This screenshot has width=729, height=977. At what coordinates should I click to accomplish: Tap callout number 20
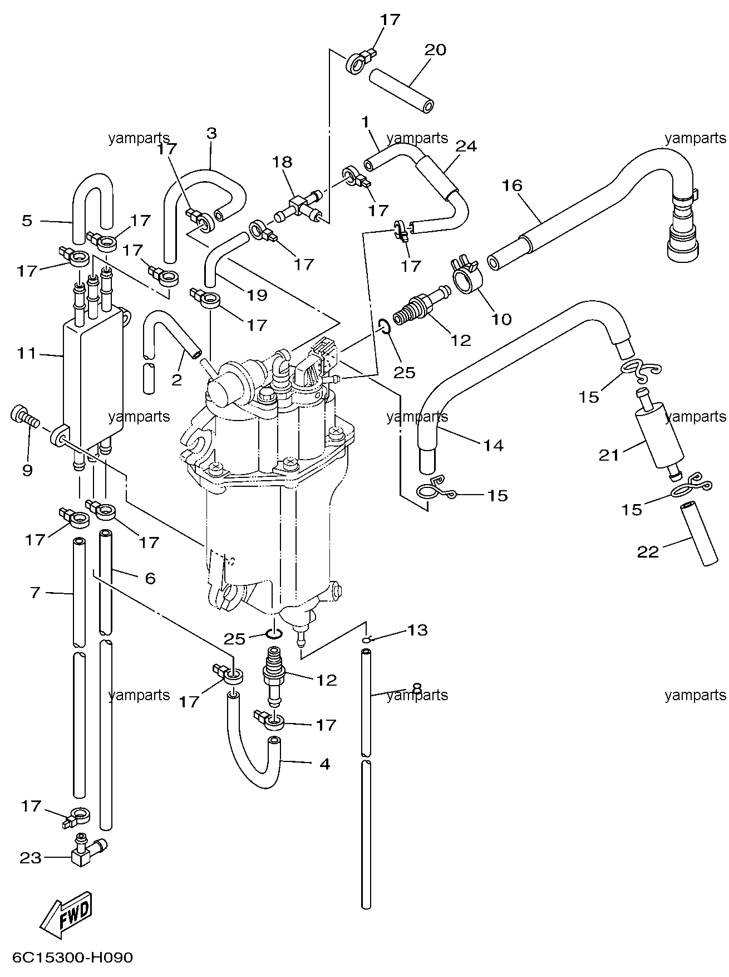coord(435,50)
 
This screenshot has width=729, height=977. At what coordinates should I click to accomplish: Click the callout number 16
coord(512,185)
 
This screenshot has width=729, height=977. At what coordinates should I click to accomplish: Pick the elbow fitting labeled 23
coord(86,863)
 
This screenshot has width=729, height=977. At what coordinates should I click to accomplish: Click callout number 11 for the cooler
coord(26,353)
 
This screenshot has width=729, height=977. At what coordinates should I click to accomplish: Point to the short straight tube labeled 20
coord(401,90)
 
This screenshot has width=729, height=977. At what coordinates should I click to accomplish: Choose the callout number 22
coord(648,551)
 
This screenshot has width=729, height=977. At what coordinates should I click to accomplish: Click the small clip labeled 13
coord(366,641)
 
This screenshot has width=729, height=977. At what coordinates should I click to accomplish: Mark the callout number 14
coord(493,445)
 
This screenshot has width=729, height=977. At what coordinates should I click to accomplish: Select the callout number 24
coord(466,146)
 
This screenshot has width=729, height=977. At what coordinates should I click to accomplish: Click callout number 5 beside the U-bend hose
coord(27,221)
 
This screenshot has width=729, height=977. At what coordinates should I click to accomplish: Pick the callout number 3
coord(211,133)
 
